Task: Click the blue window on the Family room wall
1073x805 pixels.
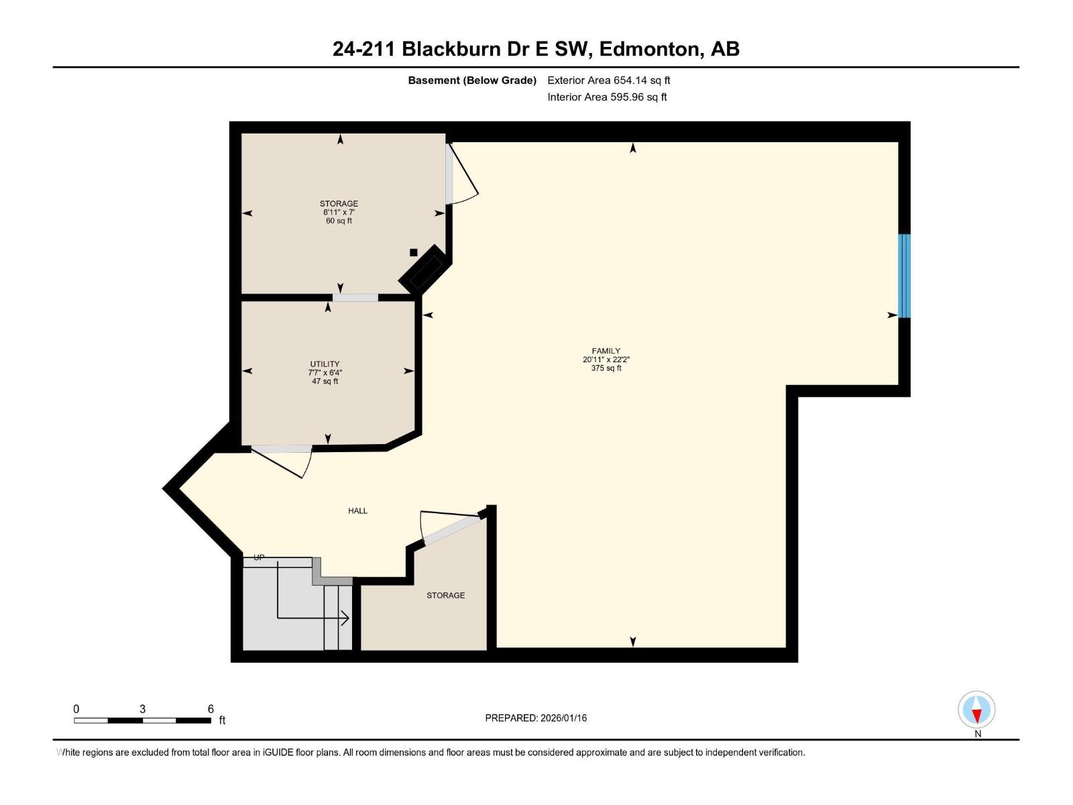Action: (x=905, y=276)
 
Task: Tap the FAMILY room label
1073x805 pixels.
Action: (x=606, y=351)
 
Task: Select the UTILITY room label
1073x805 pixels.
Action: (x=325, y=364)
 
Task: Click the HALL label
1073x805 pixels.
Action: (x=357, y=511)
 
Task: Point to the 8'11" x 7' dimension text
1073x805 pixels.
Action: (x=339, y=212)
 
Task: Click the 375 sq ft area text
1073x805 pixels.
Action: (x=606, y=368)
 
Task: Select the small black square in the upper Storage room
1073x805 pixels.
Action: (x=414, y=252)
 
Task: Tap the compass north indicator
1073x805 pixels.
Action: (x=976, y=710)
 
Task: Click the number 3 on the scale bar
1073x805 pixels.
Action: (x=142, y=708)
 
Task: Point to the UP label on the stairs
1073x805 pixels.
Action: (x=259, y=557)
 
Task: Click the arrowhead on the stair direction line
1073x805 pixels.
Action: (x=345, y=619)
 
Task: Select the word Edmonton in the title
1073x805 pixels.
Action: (x=651, y=49)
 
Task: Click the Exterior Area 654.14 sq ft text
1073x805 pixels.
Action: (x=609, y=80)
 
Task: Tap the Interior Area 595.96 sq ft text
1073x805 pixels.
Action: (x=607, y=97)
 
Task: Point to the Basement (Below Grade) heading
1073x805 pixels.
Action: (x=472, y=80)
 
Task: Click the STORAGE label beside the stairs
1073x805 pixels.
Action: (x=445, y=595)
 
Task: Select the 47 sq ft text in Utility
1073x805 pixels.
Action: (x=325, y=381)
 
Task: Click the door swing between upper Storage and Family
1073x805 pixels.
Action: (x=462, y=174)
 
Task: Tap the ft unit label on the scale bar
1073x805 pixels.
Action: (x=222, y=720)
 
